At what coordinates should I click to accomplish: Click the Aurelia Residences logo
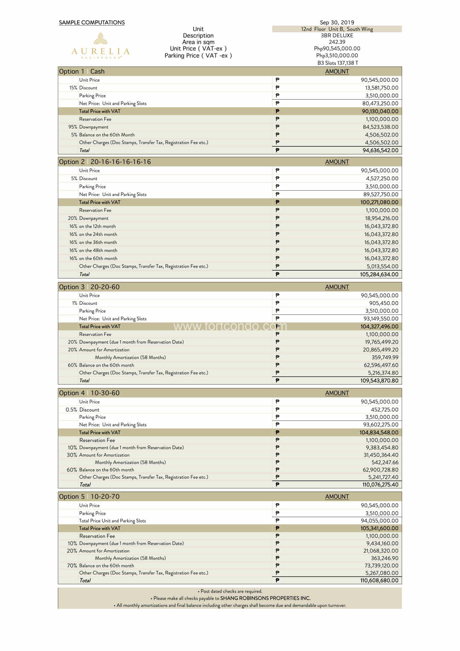[x=100, y=45]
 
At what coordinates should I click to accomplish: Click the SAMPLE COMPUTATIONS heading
[x=92, y=23]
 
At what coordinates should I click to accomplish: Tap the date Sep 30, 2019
[x=337, y=22]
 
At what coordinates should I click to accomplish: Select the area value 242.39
[x=337, y=42]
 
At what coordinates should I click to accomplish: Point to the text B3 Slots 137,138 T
[x=337, y=63]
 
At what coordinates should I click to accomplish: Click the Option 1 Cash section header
[x=82, y=72]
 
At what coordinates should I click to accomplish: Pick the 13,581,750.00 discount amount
[x=381, y=88]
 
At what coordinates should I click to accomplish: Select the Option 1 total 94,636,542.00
[x=380, y=150]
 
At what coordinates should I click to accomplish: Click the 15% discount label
[x=73, y=88]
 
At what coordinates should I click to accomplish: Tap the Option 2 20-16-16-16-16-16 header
[x=105, y=162]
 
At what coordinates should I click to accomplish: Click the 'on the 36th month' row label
[x=98, y=242]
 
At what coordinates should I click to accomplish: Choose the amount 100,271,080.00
[x=379, y=202]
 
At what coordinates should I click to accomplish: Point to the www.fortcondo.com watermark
[x=230, y=327]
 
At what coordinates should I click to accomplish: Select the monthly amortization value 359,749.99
[x=385, y=358]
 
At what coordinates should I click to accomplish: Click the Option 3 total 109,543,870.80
[x=379, y=380]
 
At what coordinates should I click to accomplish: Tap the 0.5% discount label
[x=71, y=410]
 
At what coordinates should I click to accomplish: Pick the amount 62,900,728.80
[x=380, y=470]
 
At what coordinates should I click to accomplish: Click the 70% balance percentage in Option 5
[x=72, y=566]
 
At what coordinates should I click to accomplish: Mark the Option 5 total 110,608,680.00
[x=379, y=580]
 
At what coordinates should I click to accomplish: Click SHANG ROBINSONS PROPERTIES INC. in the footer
[x=265, y=598]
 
